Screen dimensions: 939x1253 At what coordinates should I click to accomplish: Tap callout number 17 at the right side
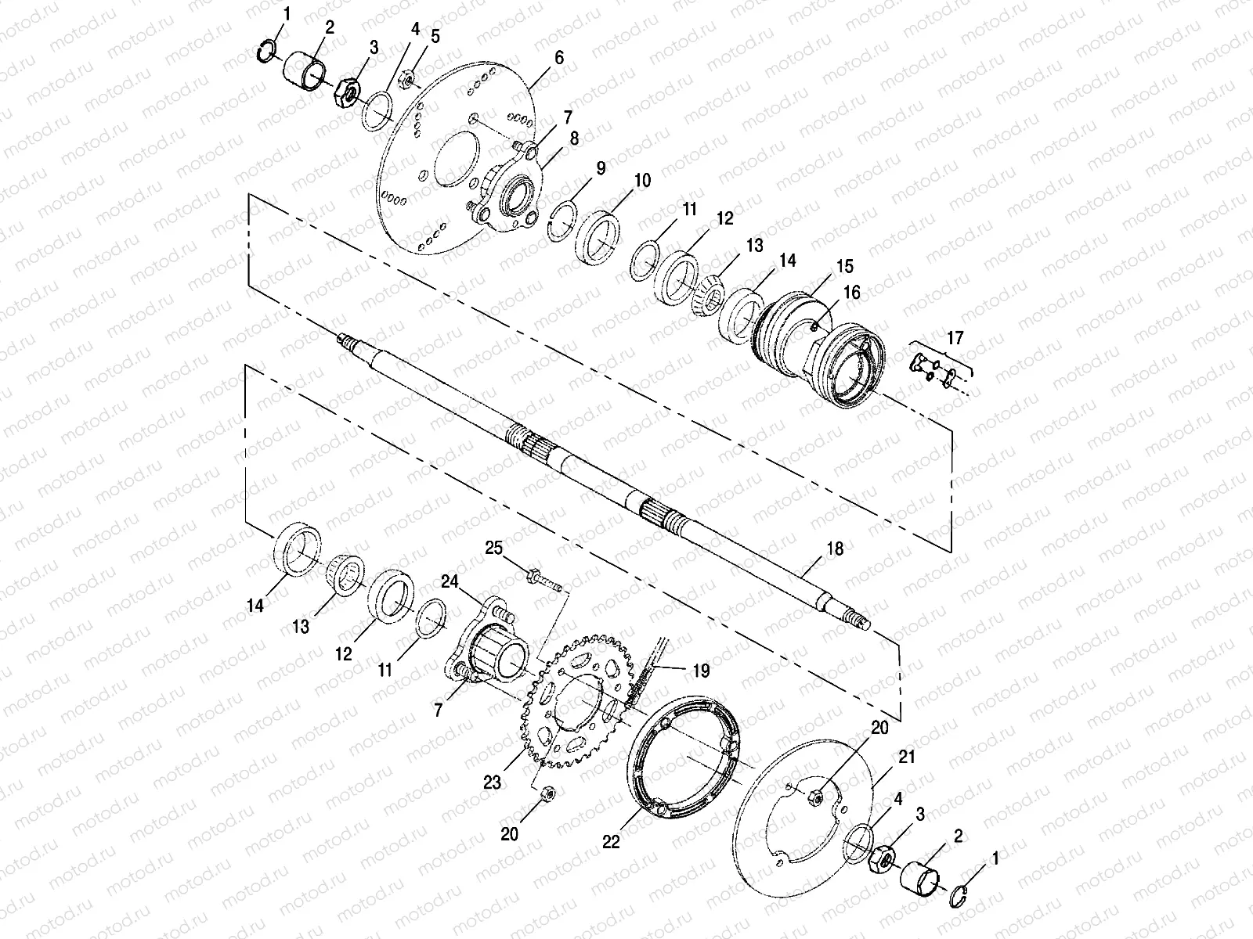click(x=955, y=338)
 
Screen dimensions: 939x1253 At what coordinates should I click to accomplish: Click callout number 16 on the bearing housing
click(x=852, y=292)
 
